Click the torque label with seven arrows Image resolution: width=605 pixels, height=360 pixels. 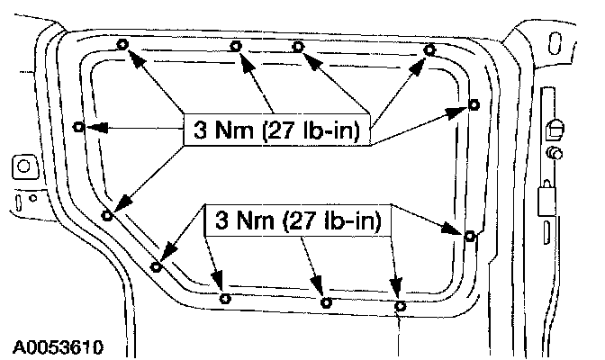tap(275, 131)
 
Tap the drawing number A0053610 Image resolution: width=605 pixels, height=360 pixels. tap(58, 346)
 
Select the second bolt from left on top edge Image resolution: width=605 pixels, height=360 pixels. tap(236, 45)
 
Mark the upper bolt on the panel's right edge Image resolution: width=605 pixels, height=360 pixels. tap(474, 105)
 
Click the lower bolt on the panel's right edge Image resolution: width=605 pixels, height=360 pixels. tap(469, 236)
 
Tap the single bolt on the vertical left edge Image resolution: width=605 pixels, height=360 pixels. tap(79, 127)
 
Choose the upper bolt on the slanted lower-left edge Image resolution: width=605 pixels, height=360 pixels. tap(107, 215)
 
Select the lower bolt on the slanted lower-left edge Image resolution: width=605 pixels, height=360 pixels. tap(157, 266)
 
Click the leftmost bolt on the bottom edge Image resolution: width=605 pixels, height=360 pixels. tap(225, 298)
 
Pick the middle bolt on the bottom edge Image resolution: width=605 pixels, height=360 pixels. tap(327, 303)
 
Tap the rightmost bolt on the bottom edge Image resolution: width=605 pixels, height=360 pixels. tap(401, 306)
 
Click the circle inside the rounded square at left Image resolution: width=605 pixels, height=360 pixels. tap(20, 166)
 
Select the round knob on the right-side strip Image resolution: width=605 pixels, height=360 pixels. tap(555, 154)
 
